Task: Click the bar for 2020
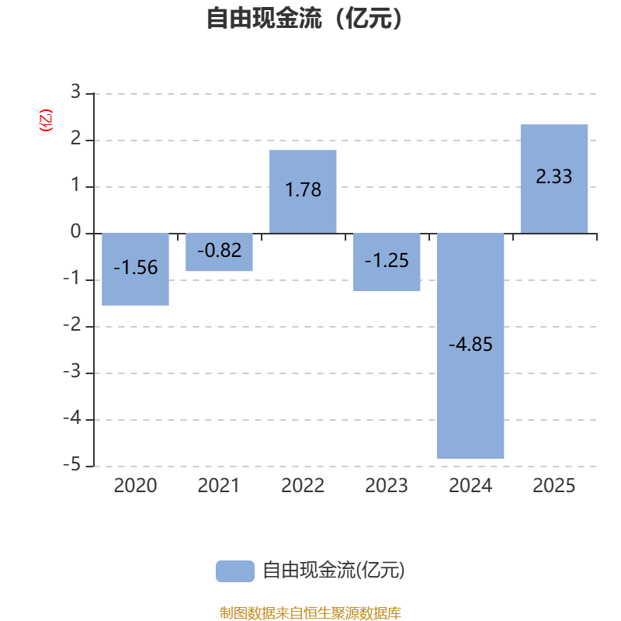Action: point(135,269)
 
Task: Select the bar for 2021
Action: point(219,252)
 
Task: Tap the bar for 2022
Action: point(303,192)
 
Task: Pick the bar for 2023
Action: point(387,262)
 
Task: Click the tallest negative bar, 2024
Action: point(470,345)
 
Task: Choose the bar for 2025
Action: point(554,179)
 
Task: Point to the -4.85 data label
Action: point(470,344)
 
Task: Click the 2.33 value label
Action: point(554,176)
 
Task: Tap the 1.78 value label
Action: point(303,189)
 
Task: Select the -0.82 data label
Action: point(220,250)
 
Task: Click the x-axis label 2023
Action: point(387,486)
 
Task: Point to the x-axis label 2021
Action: point(219,486)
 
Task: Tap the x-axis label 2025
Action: point(554,486)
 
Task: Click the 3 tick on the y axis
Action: point(75,92)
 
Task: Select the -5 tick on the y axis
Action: point(71,464)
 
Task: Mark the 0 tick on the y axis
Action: point(75,231)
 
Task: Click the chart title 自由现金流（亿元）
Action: point(304,18)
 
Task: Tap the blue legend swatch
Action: point(235,571)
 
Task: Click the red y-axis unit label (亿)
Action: point(46,120)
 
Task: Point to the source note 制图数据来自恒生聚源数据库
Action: point(310,612)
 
